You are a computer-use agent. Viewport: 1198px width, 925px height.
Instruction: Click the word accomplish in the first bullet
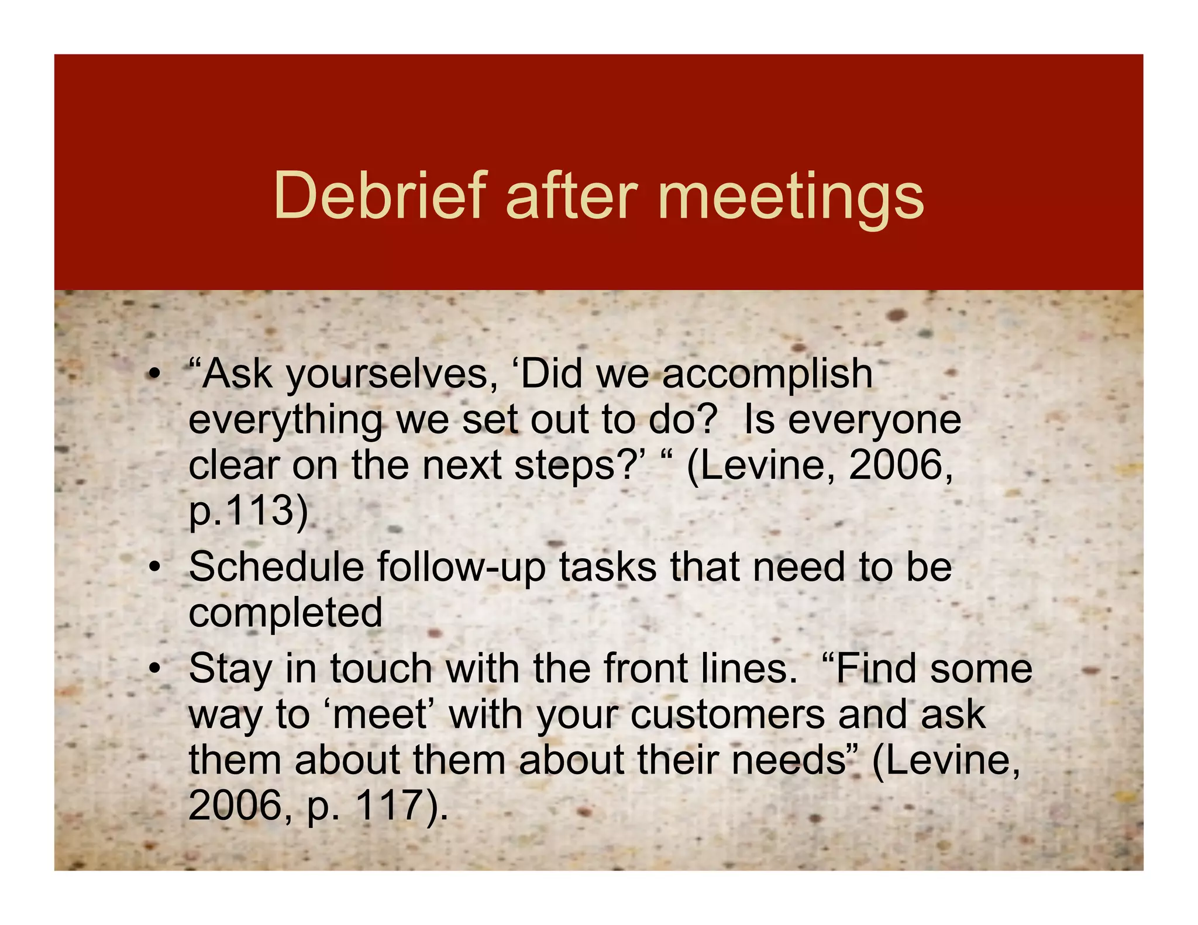[x=767, y=375]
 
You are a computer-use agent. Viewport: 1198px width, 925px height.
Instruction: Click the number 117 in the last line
[x=388, y=806]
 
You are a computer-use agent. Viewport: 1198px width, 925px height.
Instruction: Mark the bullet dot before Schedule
[x=154, y=567]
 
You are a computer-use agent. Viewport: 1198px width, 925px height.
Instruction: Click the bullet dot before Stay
[x=154, y=668]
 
